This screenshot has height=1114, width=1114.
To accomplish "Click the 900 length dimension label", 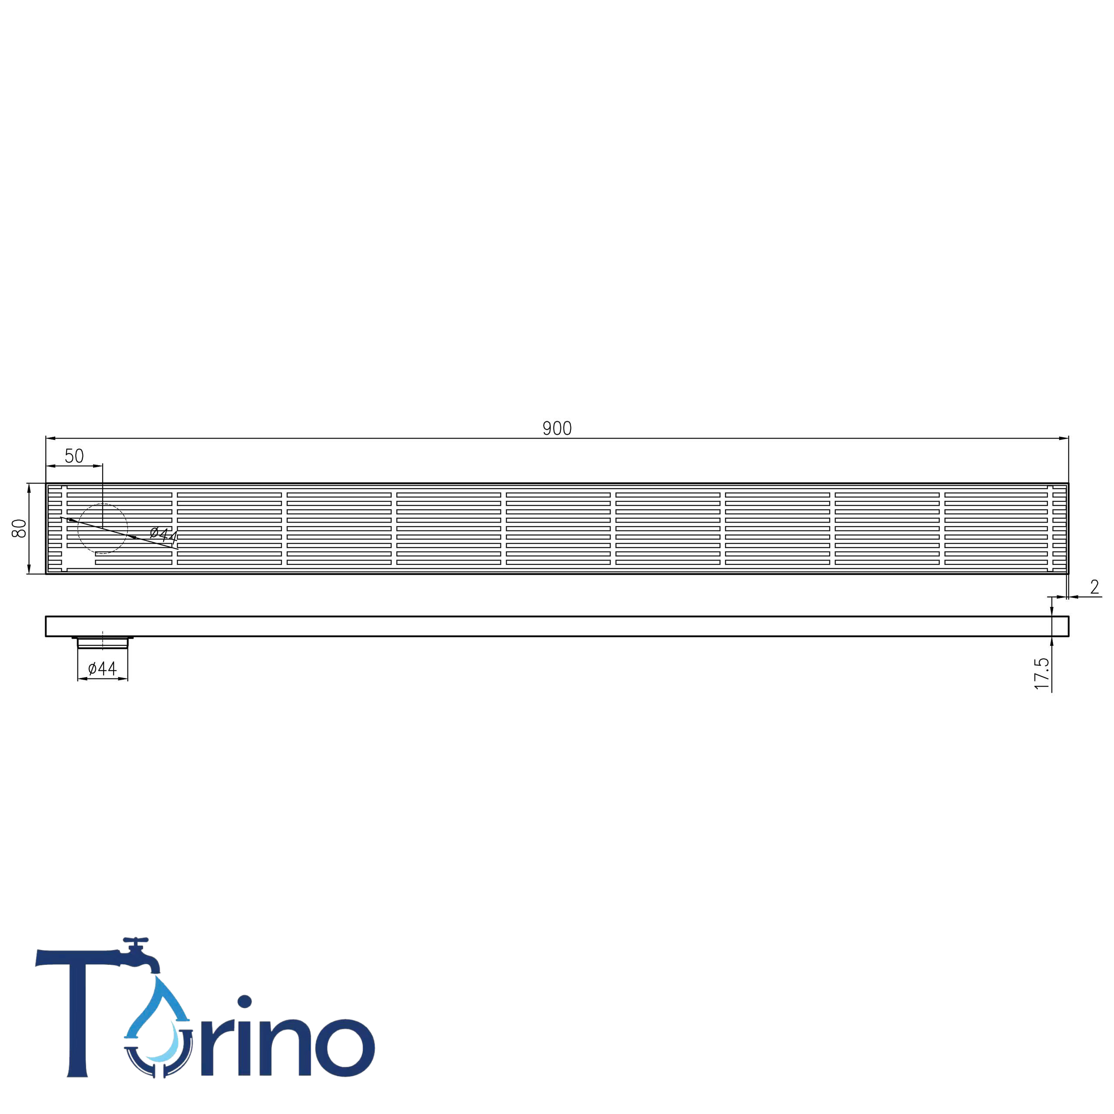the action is point(557,429).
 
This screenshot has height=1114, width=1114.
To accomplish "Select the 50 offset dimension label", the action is point(74,456).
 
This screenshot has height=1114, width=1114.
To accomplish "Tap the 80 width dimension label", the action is point(20,528).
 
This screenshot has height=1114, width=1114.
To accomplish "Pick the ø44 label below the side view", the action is point(103,668).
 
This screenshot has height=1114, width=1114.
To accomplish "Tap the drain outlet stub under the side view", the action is point(103,642).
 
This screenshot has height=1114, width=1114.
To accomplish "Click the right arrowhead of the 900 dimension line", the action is point(1064,438).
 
